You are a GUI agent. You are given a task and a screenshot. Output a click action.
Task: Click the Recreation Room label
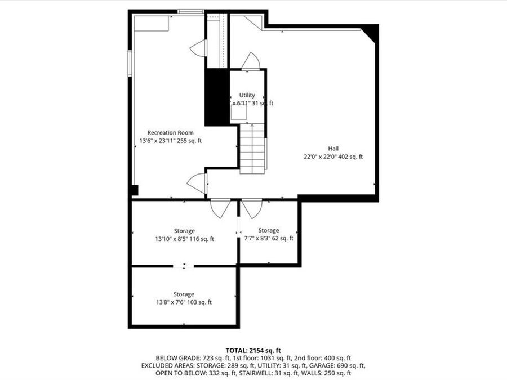[170, 133]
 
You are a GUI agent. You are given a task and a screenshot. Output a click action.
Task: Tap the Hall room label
[333, 149]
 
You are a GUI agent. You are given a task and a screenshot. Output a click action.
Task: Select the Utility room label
[247, 95]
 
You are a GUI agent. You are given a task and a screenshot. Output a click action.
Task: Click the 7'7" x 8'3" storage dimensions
[268, 238]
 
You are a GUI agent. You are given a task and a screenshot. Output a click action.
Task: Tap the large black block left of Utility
[216, 97]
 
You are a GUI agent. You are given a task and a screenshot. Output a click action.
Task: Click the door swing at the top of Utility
[250, 61]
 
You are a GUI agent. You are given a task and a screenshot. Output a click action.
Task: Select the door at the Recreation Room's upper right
[199, 48]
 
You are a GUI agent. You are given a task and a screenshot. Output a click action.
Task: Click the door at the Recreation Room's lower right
[197, 183]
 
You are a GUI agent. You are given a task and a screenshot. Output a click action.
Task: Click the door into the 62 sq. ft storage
[252, 208]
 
